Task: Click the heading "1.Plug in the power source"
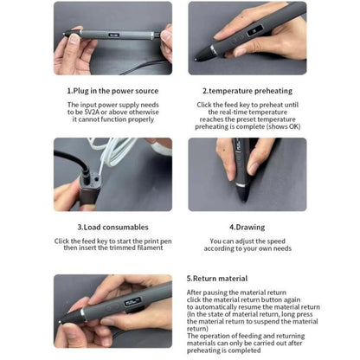112,91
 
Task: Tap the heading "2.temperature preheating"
247,91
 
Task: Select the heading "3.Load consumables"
112,227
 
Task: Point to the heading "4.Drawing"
247,228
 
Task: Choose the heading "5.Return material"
217,279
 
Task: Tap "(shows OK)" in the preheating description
283,126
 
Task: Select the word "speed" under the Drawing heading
276,241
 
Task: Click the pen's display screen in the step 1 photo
113,35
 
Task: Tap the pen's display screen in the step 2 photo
254,31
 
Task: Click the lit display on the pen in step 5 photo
132,303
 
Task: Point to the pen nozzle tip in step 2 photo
196,60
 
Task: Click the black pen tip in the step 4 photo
243,193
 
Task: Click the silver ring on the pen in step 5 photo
83,314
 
